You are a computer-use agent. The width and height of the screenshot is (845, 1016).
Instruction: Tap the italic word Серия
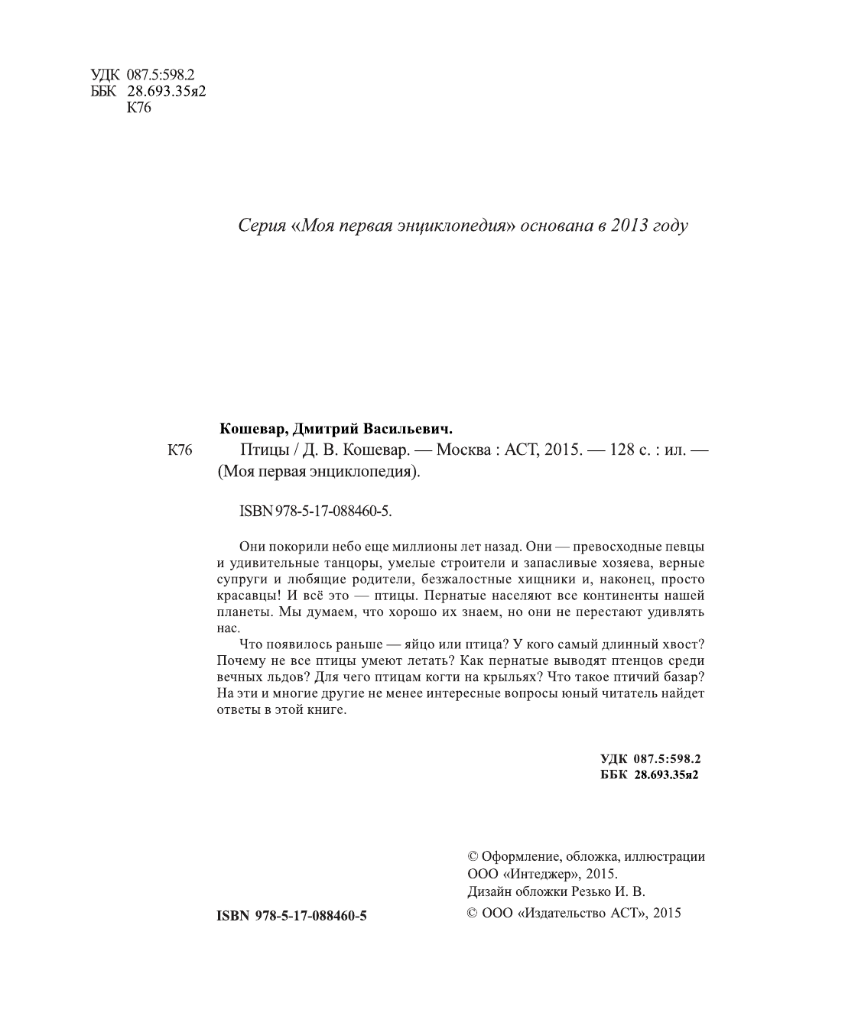pyautogui.click(x=262, y=226)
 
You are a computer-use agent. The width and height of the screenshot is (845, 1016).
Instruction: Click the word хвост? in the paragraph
pyautogui.click(x=680, y=645)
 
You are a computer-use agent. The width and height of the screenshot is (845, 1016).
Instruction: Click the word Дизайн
pyautogui.click(x=486, y=891)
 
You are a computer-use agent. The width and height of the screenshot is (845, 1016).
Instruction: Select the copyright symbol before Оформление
pyautogui.click(x=472, y=857)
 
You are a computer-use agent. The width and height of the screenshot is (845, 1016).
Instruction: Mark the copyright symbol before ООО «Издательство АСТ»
pyautogui.click(x=472, y=913)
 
